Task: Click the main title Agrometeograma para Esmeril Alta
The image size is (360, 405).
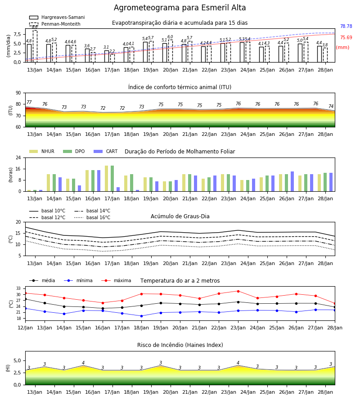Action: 180,8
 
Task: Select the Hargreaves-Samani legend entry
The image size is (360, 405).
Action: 57,17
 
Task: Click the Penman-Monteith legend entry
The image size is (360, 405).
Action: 55,24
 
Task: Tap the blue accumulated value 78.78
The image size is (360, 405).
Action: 346,27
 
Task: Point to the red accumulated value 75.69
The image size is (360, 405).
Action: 346,38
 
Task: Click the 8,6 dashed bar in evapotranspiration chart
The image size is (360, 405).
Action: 35,46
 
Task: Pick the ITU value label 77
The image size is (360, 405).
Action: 29,102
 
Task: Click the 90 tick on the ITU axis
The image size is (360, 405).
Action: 18,93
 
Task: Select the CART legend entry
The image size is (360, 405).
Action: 106,151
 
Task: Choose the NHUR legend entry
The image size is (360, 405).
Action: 41,151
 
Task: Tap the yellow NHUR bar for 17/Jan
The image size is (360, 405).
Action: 106,179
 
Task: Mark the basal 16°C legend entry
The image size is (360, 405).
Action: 92,217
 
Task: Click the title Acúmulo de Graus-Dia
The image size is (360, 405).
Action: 180,216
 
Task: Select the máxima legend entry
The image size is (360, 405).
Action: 116,280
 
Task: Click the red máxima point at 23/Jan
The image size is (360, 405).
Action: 238,291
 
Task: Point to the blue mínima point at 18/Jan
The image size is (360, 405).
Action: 141,316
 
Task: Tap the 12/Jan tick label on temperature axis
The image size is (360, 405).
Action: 25,328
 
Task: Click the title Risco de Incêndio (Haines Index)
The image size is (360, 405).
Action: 180,345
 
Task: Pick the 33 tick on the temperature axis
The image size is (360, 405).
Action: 18,288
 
